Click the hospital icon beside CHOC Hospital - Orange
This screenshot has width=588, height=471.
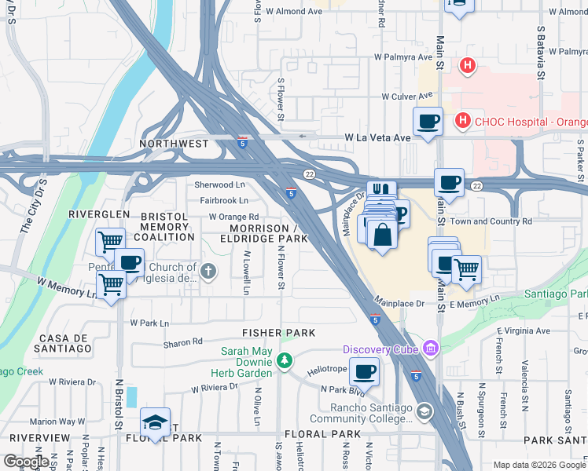(462, 122)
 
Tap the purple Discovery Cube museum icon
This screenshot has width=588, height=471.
(429, 348)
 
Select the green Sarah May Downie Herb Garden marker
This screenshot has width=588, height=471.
(285, 362)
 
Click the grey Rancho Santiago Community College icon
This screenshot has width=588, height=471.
(424, 411)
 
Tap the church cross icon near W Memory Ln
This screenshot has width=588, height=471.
(208, 272)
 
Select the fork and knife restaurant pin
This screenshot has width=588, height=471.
(381, 191)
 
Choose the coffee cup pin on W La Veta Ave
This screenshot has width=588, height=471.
(428, 121)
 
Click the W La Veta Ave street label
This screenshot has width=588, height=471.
(378, 137)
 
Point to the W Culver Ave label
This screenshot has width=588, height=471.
(407, 96)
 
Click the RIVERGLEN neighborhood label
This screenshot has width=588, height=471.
(99, 214)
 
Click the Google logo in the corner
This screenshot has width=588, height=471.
(26, 462)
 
